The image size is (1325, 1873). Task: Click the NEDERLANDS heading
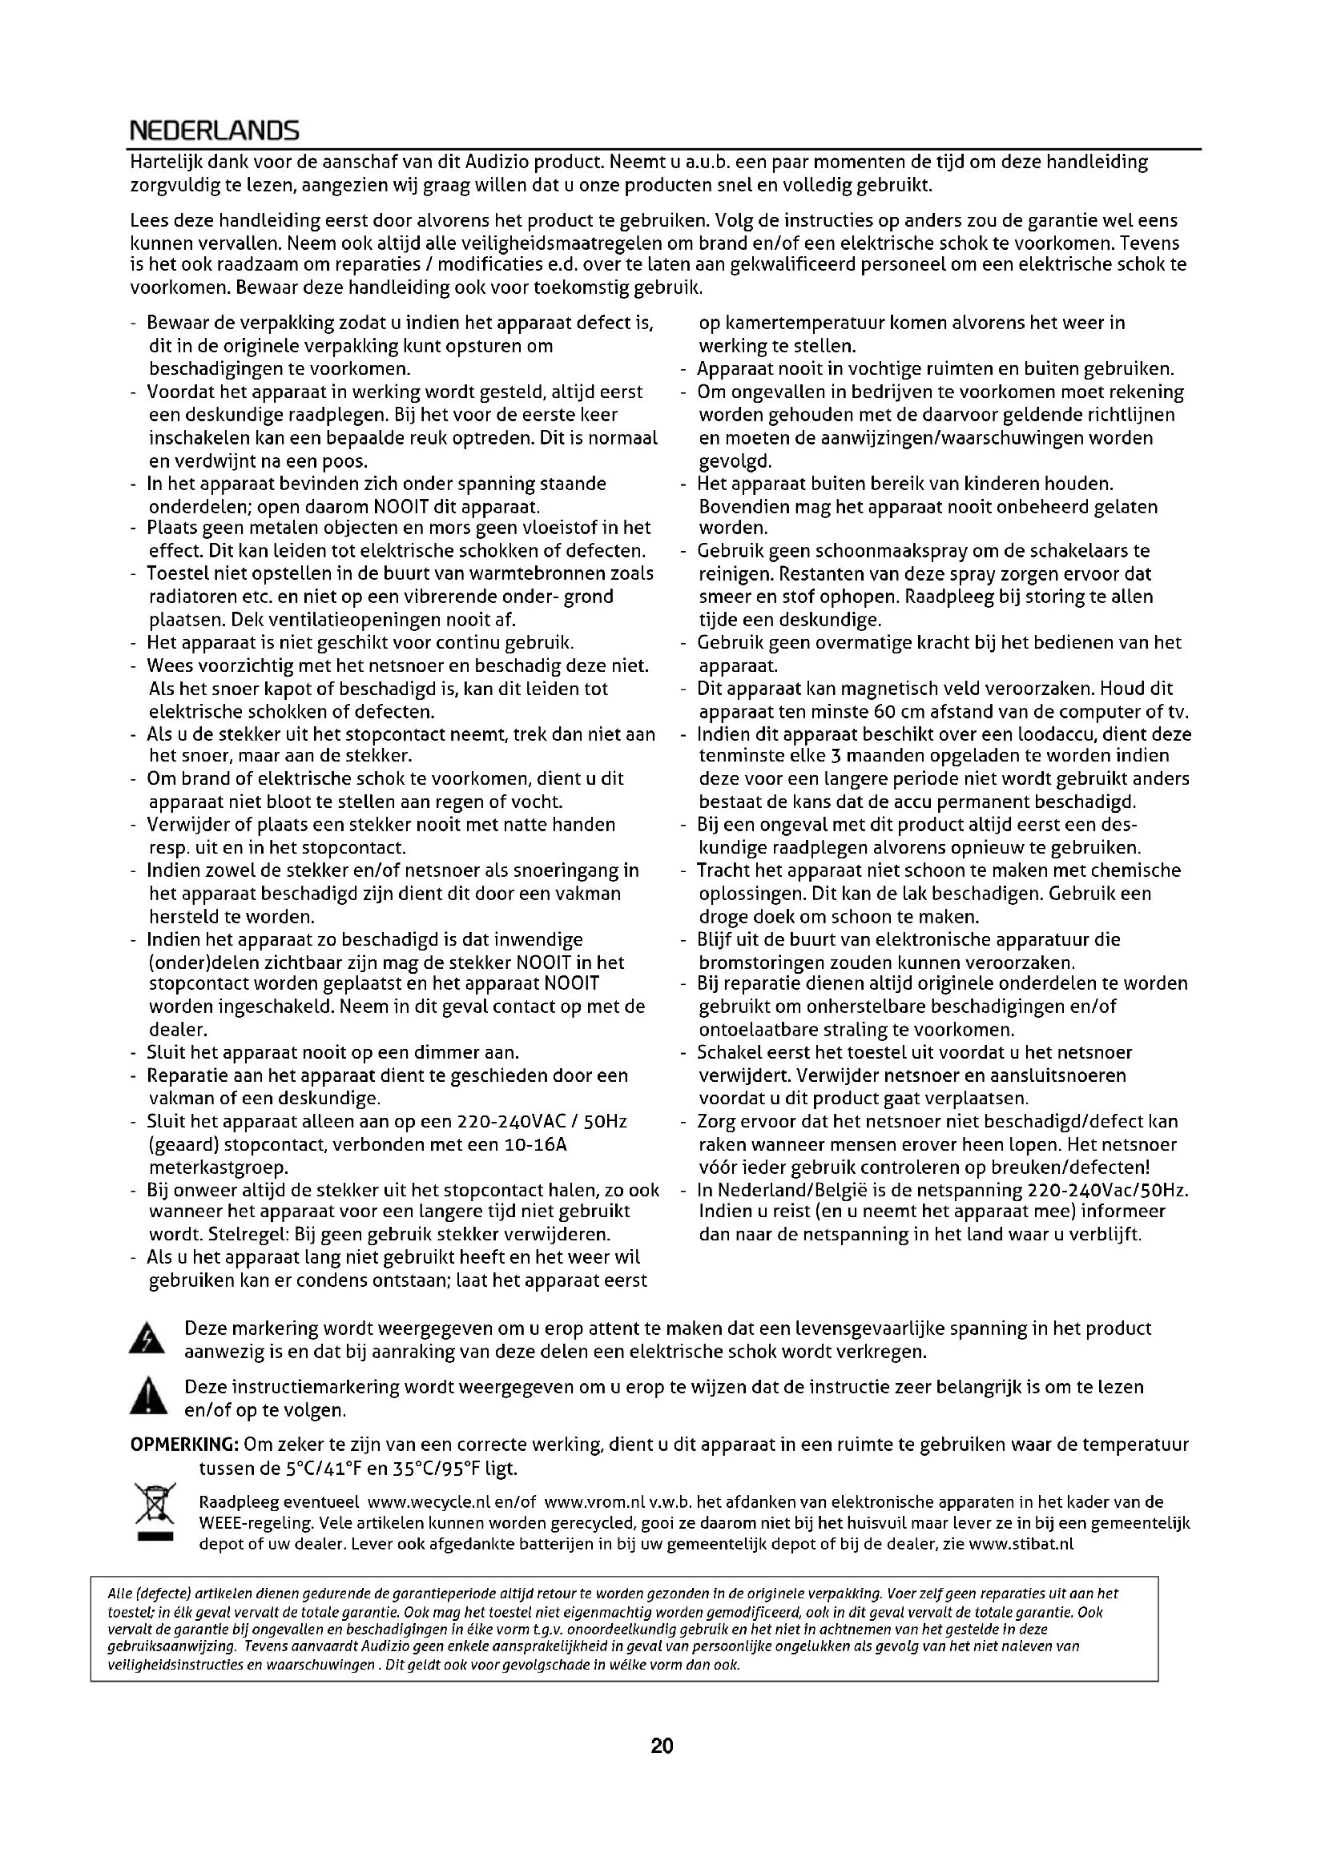tap(215, 131)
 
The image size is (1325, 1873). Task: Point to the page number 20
tap(662, 1746)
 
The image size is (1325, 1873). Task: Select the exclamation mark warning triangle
tap(147, 1398)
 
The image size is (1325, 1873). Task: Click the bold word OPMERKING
tap(184, 1445)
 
